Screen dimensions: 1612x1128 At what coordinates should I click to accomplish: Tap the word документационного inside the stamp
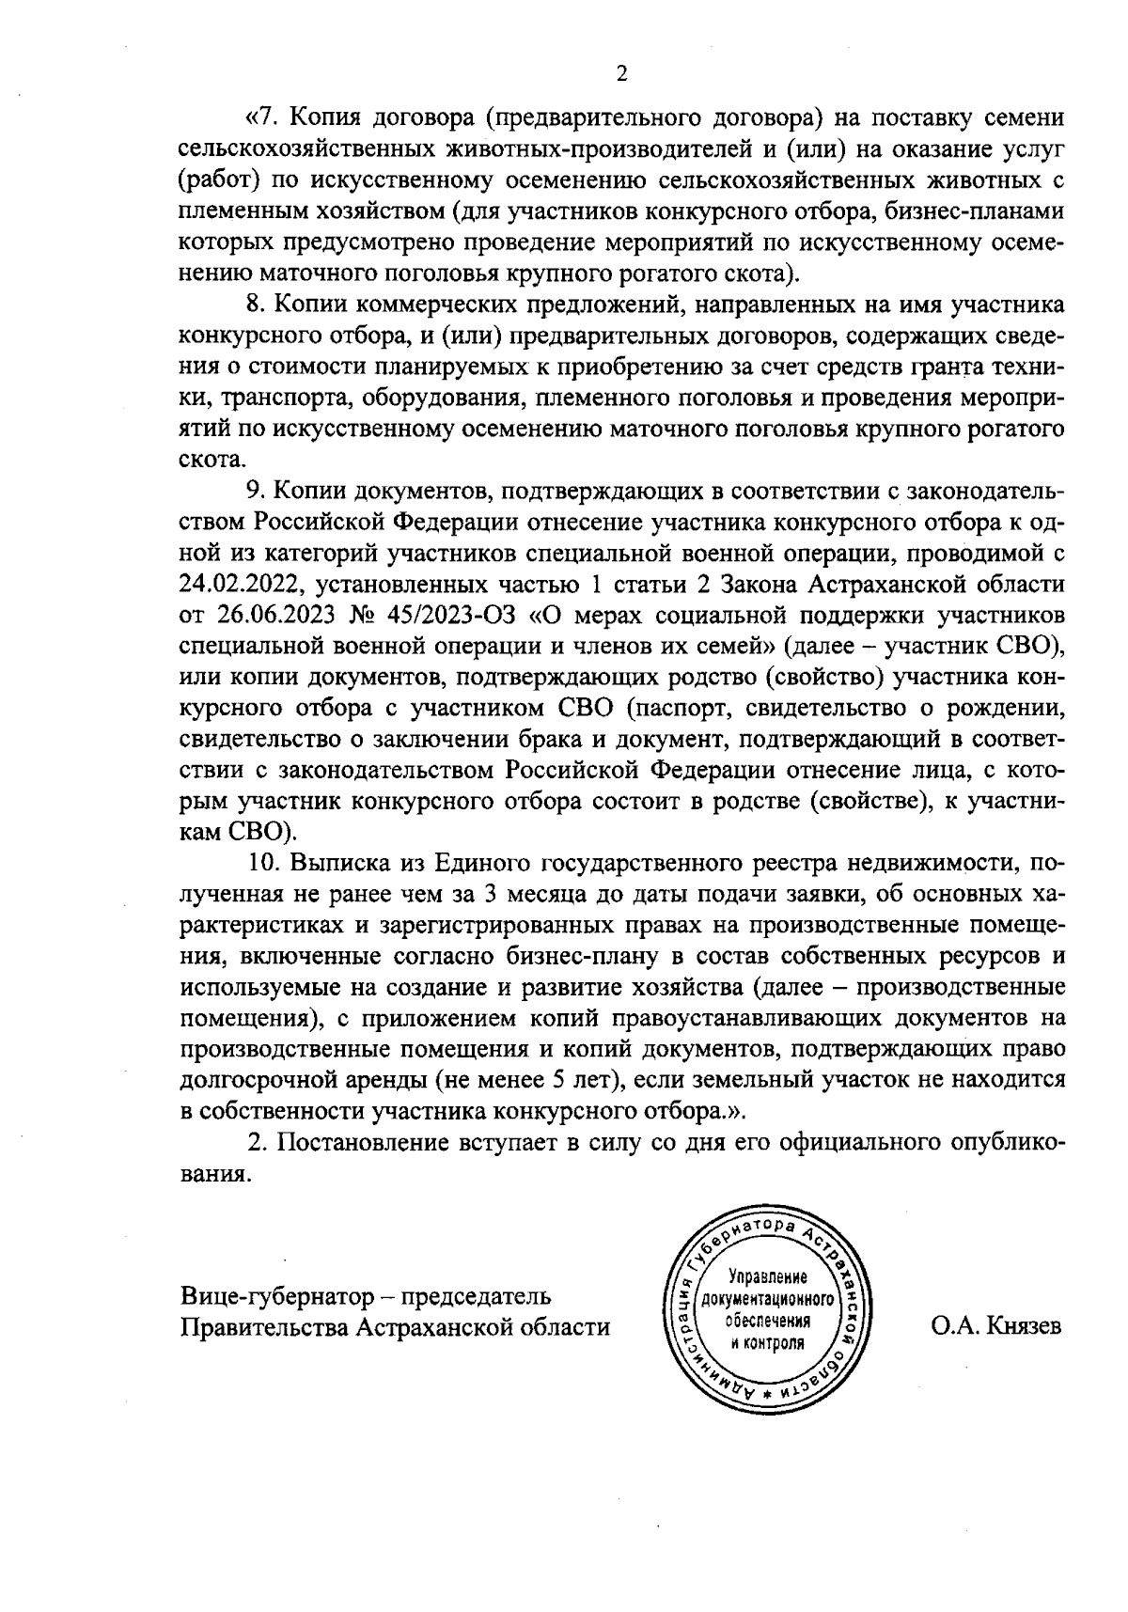pyautogui.click(x=768, y=1300)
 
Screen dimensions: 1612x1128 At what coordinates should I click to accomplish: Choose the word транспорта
pyautogui.click(x=283, y=399)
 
